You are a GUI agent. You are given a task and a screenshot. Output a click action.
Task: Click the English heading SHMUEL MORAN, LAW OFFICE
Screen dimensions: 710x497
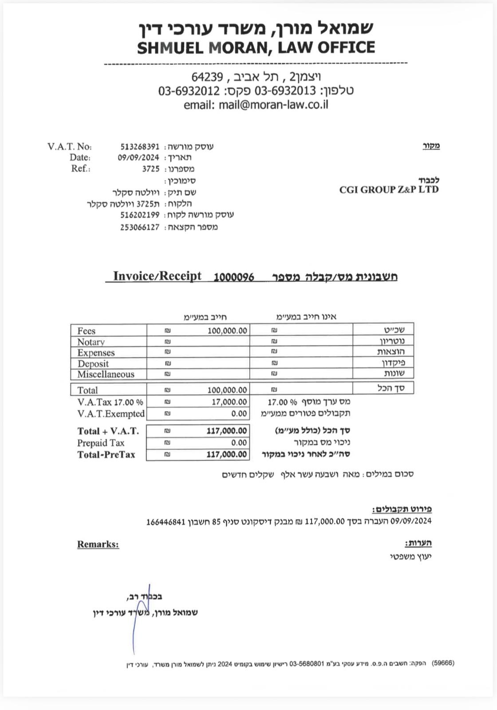coord(256,47)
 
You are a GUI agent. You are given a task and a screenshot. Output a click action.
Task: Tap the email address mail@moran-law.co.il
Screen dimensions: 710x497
coord(273,105)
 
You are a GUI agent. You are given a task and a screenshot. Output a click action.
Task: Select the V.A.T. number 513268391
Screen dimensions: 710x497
coord(139,146)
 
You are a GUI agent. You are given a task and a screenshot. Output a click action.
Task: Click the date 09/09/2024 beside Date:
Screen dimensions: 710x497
coord(138,158)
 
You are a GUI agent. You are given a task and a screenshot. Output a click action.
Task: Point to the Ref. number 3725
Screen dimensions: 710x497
coord(151,169)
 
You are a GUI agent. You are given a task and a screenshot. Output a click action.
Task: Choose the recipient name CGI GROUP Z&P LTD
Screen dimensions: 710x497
coord(389,190)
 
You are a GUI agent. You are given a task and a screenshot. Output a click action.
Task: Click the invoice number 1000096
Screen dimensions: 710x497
coord(234,277)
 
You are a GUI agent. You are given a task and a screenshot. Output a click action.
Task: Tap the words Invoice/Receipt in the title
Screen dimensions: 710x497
coord(157,276)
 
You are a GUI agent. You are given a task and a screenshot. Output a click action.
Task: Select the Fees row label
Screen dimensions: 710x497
coord(86,331)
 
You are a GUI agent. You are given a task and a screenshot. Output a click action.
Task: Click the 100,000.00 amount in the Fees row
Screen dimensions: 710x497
coord(227,331)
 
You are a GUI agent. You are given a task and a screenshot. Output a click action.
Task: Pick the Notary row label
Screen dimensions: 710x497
coord(91,342)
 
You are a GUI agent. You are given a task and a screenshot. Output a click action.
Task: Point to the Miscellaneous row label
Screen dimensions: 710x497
coord(106,374)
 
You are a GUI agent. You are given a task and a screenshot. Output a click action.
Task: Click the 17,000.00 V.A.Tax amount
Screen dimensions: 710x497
coord(229,402)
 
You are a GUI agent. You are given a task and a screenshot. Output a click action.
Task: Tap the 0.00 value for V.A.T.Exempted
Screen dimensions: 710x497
coord(239,414)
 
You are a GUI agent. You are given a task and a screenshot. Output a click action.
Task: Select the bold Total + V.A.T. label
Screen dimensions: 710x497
coord(108,431)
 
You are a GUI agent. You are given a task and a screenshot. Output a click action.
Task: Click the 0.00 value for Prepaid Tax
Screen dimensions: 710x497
coord(239,443)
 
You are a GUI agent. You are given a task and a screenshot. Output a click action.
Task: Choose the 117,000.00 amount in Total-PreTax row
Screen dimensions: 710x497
coord(226,454)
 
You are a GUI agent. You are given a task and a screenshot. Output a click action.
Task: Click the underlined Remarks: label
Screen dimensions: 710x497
coord(98,544)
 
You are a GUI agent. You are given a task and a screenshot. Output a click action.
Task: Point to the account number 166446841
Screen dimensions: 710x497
coord(165,521)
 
